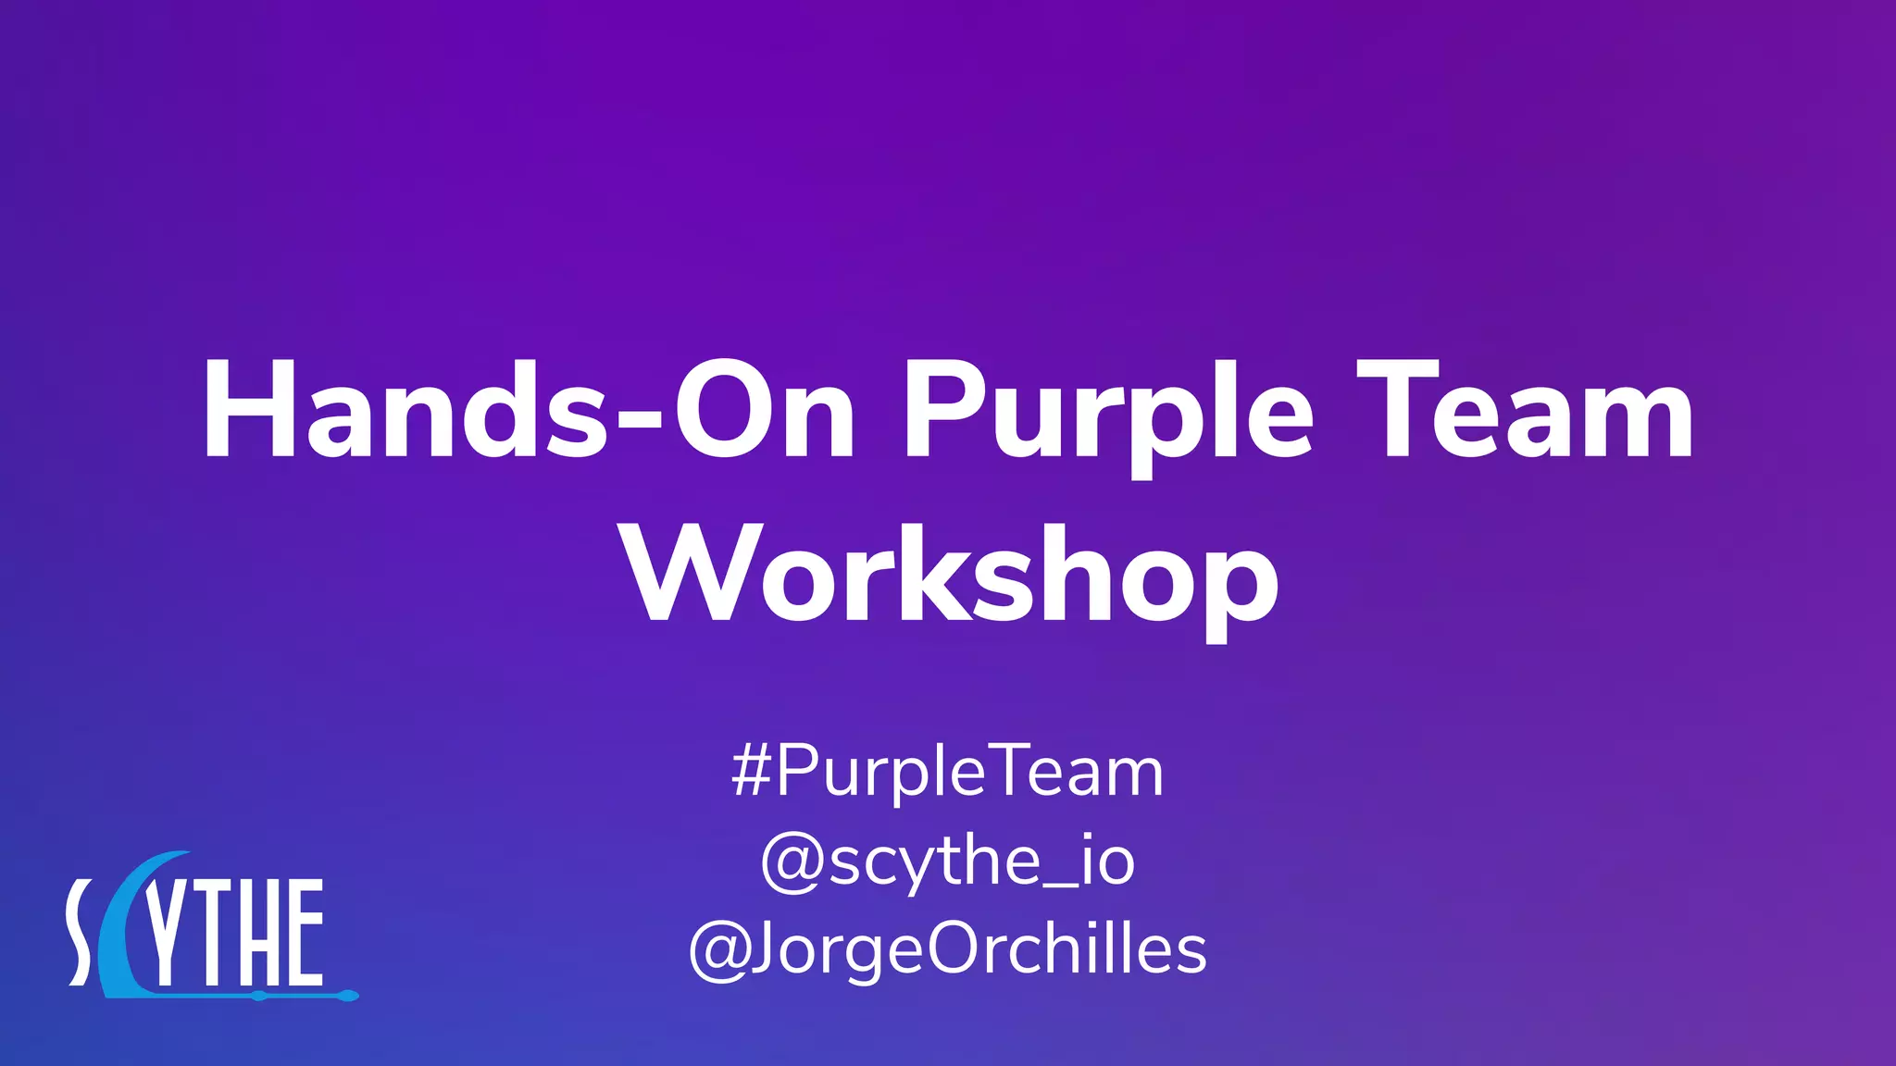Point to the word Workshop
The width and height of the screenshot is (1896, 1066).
click(x=952, y=576)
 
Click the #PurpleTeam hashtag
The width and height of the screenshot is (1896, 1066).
click(x=947, y=772)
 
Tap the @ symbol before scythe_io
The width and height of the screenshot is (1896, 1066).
click(x=791, y=863)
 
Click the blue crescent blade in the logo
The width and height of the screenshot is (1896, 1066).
click(x=125, y=935)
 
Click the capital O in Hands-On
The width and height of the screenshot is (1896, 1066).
click(x=721, y=410)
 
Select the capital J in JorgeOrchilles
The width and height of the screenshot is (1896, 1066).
click(x=761, y=948)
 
